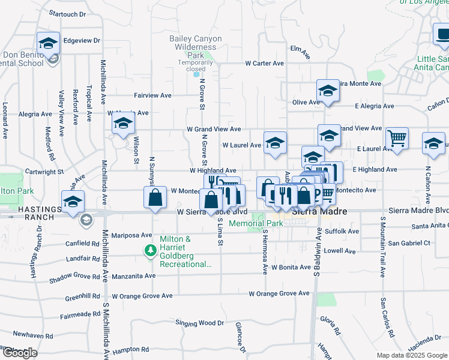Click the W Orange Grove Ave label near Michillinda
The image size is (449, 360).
click(142, 296)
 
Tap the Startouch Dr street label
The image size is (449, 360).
click(67, 13)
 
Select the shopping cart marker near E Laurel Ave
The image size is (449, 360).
click(397, 139)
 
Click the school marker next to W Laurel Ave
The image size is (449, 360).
click(275, 143)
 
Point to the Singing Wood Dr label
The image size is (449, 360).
click(200, 323)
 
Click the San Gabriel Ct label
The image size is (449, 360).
click(409, 243)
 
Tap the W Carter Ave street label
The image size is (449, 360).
click(264, 63)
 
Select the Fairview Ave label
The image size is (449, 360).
click(153, 95)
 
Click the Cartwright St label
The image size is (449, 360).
click(45, 172)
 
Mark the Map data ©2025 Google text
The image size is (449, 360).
click(412, 355)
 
